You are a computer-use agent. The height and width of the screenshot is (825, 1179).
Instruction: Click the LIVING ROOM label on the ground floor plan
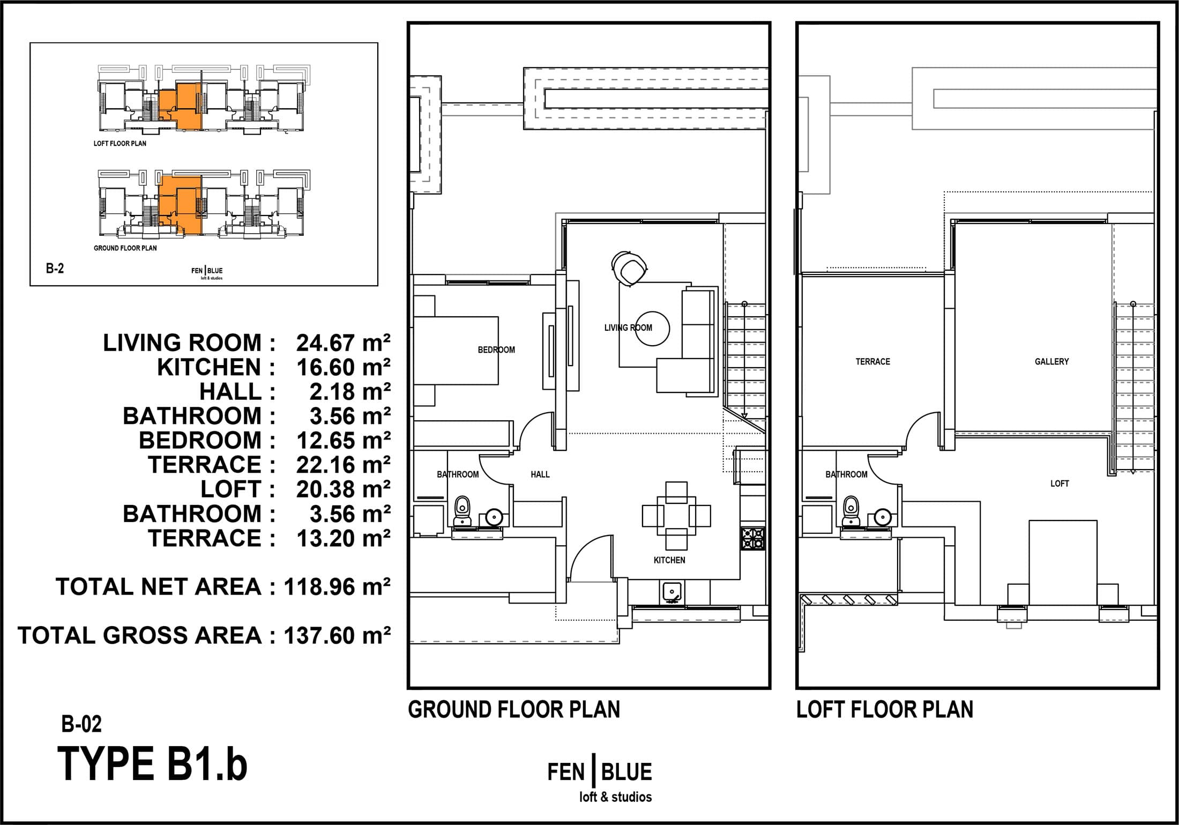628,328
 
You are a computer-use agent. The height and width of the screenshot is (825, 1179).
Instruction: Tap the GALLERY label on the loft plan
1051,362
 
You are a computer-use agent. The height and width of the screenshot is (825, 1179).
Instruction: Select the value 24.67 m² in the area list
343,343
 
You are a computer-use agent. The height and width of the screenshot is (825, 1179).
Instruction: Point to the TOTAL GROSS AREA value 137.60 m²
337,635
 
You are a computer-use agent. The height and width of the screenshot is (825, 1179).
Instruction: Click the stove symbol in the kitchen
753,538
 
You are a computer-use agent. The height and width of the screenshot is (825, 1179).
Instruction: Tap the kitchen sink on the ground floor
671,591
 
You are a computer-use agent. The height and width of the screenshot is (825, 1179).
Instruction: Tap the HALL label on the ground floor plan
540,474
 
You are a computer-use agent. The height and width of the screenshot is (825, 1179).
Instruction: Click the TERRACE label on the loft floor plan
872,362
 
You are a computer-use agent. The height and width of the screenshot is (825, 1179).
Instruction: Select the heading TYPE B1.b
152,764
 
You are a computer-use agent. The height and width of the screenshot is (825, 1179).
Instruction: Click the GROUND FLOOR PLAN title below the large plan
514,710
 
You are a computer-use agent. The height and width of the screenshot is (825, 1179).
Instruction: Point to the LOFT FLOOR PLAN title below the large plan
885,710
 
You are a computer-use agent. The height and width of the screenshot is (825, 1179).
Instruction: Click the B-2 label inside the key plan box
55,269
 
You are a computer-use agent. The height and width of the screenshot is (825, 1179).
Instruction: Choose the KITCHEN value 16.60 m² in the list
343,368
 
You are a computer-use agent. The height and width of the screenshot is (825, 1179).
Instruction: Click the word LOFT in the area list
230,489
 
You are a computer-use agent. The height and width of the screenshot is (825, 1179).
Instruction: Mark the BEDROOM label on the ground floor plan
496,350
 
